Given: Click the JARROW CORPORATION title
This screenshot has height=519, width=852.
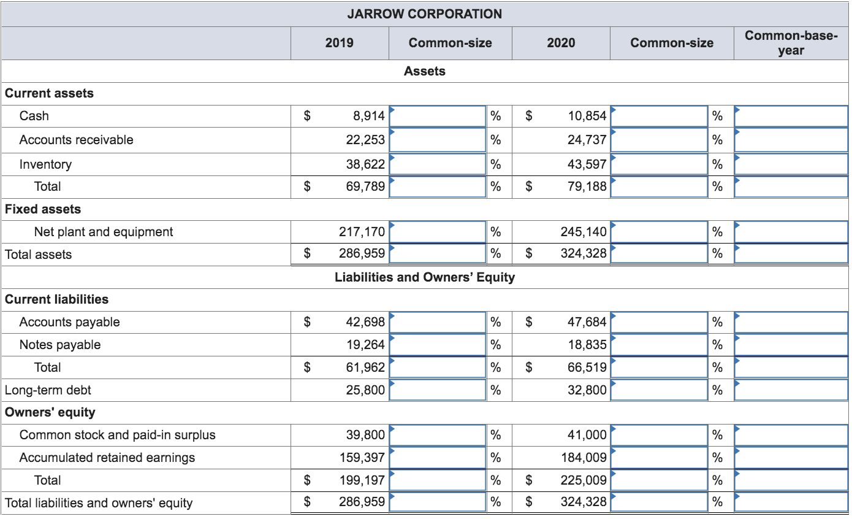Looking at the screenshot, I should click(424, 13).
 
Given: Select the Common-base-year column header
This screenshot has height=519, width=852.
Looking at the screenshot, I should click(791, 43).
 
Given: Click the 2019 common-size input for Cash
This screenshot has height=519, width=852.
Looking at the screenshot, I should click(438, 115).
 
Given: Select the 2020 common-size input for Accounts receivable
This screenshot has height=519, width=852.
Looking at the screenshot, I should click(660, 140).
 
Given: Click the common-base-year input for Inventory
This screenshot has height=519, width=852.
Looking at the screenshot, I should click(791, 164).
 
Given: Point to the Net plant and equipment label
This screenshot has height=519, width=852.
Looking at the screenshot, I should click(104, 232).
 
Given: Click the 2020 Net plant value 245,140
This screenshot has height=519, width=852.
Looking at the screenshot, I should click(584, 232).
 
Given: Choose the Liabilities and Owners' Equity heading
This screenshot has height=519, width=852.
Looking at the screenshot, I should click(425, 277).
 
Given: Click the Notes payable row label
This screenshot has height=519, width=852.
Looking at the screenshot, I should click(60, 345).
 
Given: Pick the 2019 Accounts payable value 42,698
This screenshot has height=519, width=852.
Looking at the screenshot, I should click(365, 322).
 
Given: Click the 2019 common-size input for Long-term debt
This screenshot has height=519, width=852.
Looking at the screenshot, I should click(438, 390).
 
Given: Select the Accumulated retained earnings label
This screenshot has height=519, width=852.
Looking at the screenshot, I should click(107, 458).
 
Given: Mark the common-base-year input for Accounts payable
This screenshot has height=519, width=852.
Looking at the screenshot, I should click(791, 322).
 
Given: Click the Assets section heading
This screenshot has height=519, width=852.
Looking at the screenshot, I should click(425, 71).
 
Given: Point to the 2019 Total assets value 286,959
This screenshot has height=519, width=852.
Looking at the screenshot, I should click(362, 254).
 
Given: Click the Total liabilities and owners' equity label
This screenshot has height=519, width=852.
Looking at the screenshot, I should click(99, 503).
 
